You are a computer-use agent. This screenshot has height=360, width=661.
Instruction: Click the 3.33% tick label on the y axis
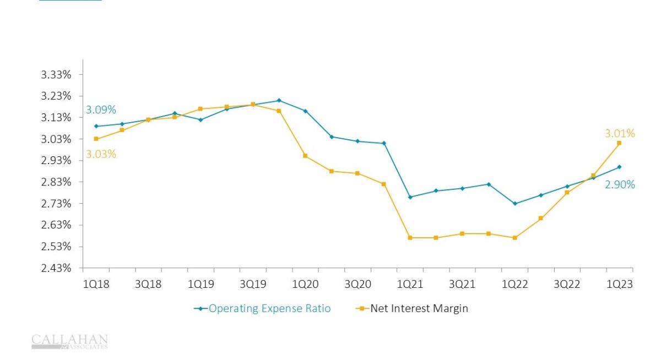coord(57,74)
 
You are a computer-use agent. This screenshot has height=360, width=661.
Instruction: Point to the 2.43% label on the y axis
coord(57,268)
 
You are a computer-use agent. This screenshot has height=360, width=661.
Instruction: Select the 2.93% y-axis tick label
coord(57,160)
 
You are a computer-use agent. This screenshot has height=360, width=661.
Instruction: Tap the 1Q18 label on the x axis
coord(96,284)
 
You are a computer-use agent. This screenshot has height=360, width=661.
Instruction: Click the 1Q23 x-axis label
coord(620,284)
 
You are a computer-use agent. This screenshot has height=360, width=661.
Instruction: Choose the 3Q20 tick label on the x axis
coord(357,284)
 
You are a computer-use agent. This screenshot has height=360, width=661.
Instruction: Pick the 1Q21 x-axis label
coord(410,284)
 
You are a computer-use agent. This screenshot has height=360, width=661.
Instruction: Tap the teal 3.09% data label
coord(101,110)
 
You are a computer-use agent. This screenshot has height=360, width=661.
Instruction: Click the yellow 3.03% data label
coord(101,154)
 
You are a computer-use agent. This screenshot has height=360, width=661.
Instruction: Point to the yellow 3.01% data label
coord(620,133)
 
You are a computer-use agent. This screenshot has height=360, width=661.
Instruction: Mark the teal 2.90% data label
coord(620,185)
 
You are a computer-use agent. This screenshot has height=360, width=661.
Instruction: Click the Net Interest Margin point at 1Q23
coord(619,143)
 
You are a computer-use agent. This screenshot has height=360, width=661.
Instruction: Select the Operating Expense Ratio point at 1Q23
coord(619,167)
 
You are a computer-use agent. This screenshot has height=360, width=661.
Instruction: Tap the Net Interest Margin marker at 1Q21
coord(410,238)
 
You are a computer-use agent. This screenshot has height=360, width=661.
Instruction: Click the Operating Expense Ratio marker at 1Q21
coord(410,197)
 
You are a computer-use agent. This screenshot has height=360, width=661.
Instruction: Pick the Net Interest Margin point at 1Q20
coord(305,156)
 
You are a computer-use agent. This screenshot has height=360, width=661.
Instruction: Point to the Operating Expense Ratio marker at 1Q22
coord(514,204)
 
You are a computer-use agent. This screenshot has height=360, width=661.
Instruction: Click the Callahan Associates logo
coord(69,341)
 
